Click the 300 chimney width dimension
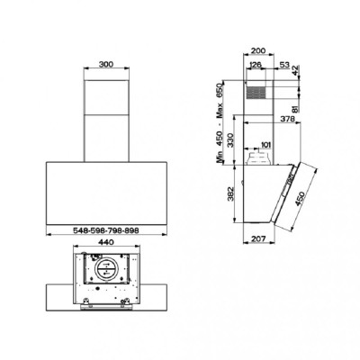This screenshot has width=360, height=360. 106,64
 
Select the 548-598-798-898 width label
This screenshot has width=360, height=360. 106,230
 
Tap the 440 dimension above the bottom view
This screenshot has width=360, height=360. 106,242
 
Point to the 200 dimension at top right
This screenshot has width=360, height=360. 258,50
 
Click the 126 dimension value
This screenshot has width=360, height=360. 256,64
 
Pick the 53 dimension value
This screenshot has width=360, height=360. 284,64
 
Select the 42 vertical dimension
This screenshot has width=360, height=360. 296,71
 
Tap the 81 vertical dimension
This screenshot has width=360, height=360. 296,109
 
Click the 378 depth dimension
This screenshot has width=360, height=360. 288,119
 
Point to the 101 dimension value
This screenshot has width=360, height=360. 266,145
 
